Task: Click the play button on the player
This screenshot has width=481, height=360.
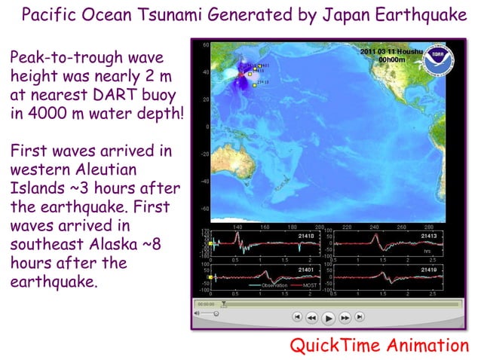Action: click(x=329, y=319)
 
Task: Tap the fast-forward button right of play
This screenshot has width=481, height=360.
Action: click(x=346, y=319)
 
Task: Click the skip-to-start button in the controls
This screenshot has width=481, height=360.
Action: click(x=298, y=319)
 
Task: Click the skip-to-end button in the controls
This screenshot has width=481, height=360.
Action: click(x=360, y=319)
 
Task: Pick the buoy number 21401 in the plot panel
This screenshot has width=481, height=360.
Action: click(x=307, y=268)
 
